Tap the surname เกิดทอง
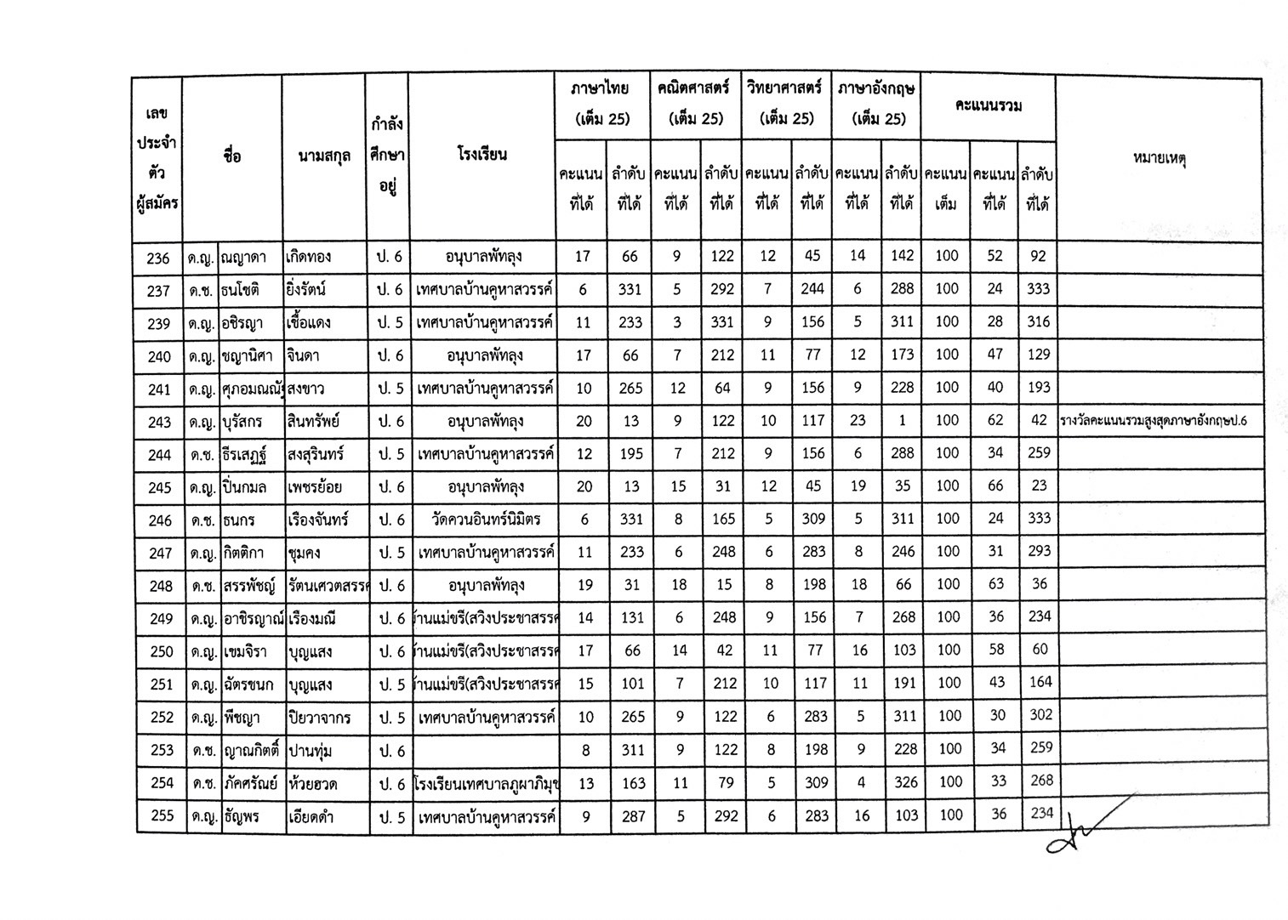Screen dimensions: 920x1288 [x=309, y=257]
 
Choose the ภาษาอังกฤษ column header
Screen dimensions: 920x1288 [x=876, y=104]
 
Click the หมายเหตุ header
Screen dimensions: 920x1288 [x=1159, y=158]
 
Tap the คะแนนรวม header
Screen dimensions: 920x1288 [x=988, y=106]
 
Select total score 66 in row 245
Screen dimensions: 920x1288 [x=994, y=486]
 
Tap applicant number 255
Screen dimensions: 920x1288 [x=162, y=815]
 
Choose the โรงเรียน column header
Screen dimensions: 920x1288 [x=482, y=155]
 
